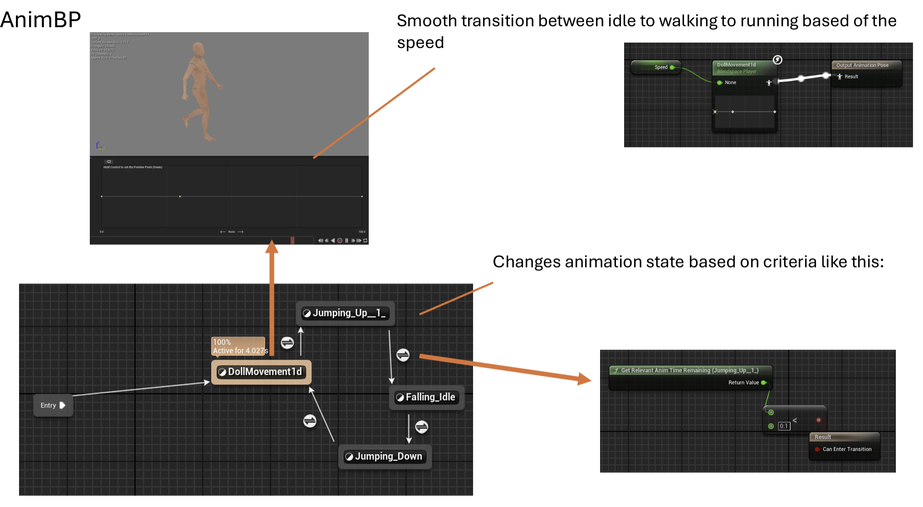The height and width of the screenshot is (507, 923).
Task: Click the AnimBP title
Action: pos(40,19)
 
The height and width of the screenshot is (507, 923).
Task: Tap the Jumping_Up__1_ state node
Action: pos(345,313)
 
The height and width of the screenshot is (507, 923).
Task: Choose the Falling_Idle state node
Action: pos(426,397)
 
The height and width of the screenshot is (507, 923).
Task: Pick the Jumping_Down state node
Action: pos(385,456)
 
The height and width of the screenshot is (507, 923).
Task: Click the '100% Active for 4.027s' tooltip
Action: pos(239,346)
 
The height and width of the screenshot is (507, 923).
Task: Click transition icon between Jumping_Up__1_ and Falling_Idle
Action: pos(403,355)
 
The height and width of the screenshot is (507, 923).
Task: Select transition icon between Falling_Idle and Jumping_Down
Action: pos(422,427)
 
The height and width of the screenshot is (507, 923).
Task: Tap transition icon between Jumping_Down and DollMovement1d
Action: pos(310,421)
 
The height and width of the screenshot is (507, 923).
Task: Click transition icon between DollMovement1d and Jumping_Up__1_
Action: pos(287,343)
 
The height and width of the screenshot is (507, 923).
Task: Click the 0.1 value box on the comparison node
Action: pos(784,426)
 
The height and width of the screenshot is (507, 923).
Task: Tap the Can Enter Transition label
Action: pos(847,449)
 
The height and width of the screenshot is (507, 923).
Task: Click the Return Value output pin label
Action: pos(743,383)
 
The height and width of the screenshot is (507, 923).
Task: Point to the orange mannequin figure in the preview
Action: pos(199,91)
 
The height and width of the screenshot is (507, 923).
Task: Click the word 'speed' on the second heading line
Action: pos(420,43)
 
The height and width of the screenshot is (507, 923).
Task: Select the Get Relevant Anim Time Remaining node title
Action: pos(689,370)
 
